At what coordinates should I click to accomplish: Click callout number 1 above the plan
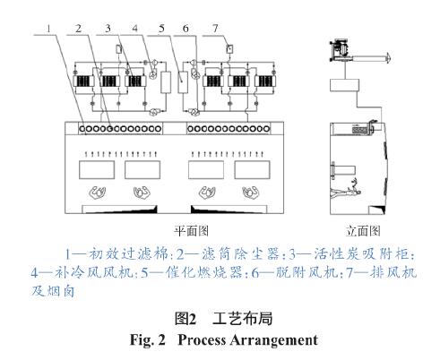(x=48, y=29)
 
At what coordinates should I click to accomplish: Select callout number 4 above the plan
(x=135, y=29)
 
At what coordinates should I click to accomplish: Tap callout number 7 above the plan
(x=215, y=29)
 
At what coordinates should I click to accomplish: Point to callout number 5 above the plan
(x=161, y=29)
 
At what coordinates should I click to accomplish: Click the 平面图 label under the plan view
(x=191, y=231)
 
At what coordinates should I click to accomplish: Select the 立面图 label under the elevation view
(x=363, y=231)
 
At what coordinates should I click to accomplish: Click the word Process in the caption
(x=202, y=340)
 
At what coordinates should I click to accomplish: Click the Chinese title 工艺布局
(x=242, y=319)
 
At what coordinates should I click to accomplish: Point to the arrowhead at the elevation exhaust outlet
(x=388, y=56)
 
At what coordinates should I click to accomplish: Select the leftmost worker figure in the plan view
(x=98, y=193)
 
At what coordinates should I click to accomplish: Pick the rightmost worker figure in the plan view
(x=250, y=193)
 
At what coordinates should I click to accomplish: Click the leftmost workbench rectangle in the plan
(x=97, y=170)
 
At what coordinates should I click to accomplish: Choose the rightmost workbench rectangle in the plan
(x=252, y=170)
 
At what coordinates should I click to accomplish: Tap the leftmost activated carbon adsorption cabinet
(x=83, y=81)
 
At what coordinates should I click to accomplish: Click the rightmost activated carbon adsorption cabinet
(x=265, y=81)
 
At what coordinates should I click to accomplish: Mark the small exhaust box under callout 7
(x=229, y=48)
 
